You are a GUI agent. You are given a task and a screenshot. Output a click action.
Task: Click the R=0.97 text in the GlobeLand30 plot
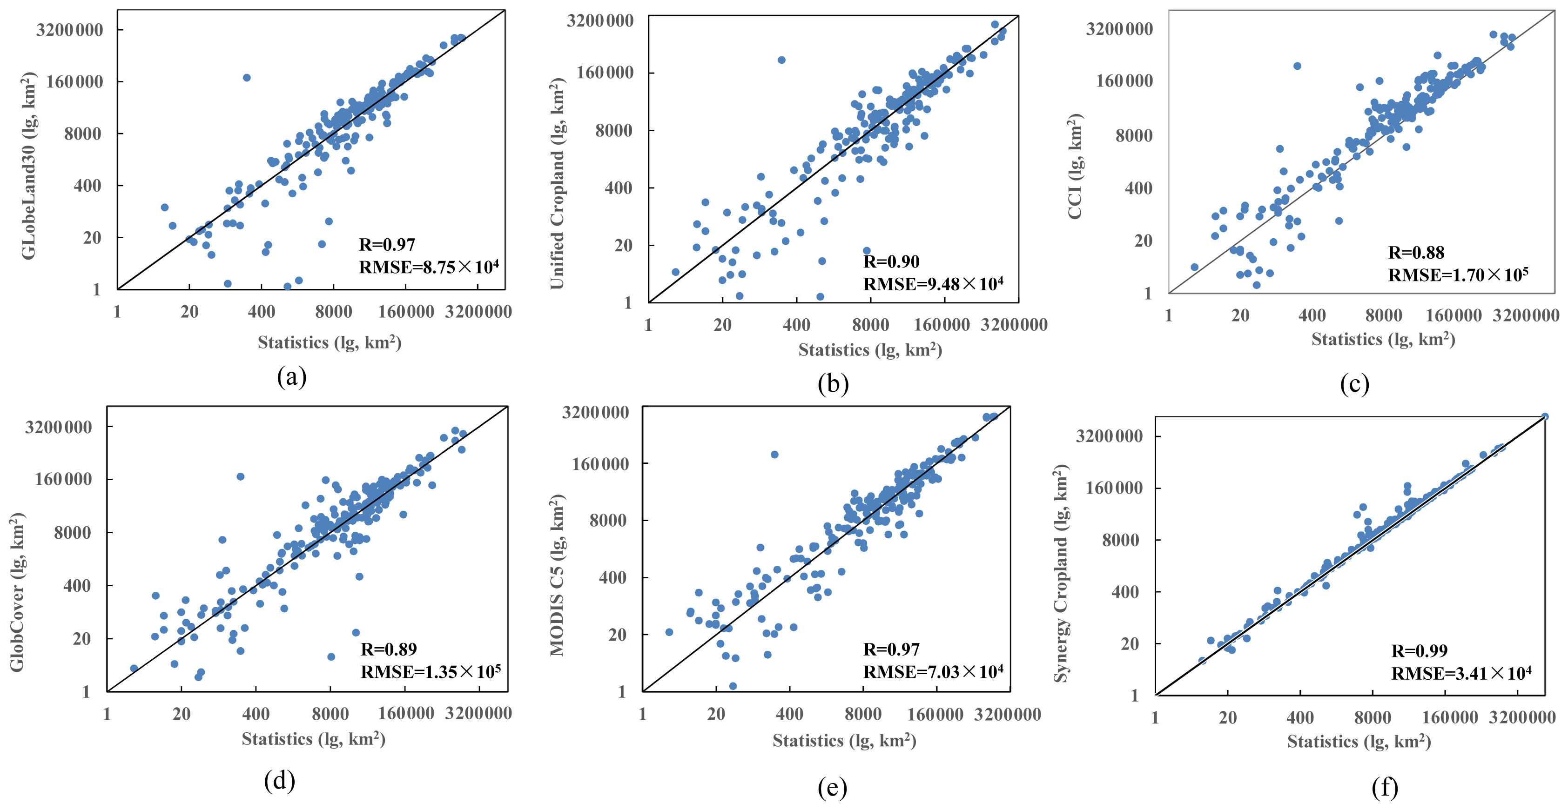coord(387,245)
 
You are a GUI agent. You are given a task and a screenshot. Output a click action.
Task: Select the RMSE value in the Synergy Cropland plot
coord(1461,673)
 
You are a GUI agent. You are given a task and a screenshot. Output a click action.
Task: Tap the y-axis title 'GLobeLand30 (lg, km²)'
coord(28,166)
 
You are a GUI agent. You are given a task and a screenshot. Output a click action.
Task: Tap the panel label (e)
coord(832,788)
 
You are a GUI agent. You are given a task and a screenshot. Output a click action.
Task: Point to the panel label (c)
coord(1354,383)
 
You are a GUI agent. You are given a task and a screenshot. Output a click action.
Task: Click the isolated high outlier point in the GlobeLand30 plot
coord(247,77)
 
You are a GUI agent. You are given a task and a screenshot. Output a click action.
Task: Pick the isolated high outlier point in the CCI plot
coord(1297,66)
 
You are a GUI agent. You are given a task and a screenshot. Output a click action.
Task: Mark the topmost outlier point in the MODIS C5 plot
coord(774,455)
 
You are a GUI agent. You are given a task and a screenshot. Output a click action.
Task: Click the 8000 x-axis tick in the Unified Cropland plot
coord(870,324)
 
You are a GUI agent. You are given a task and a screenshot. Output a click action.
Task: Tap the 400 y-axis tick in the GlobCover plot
coord(77,585)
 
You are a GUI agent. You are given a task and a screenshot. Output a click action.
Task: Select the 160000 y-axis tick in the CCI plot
coord(1124,80)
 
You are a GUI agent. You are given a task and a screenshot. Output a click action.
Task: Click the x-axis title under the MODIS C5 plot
coord(844,740)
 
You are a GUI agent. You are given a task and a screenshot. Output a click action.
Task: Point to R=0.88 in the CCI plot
coord(1416,252)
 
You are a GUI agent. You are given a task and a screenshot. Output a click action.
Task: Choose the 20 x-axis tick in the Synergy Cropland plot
coord(1228,717)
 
